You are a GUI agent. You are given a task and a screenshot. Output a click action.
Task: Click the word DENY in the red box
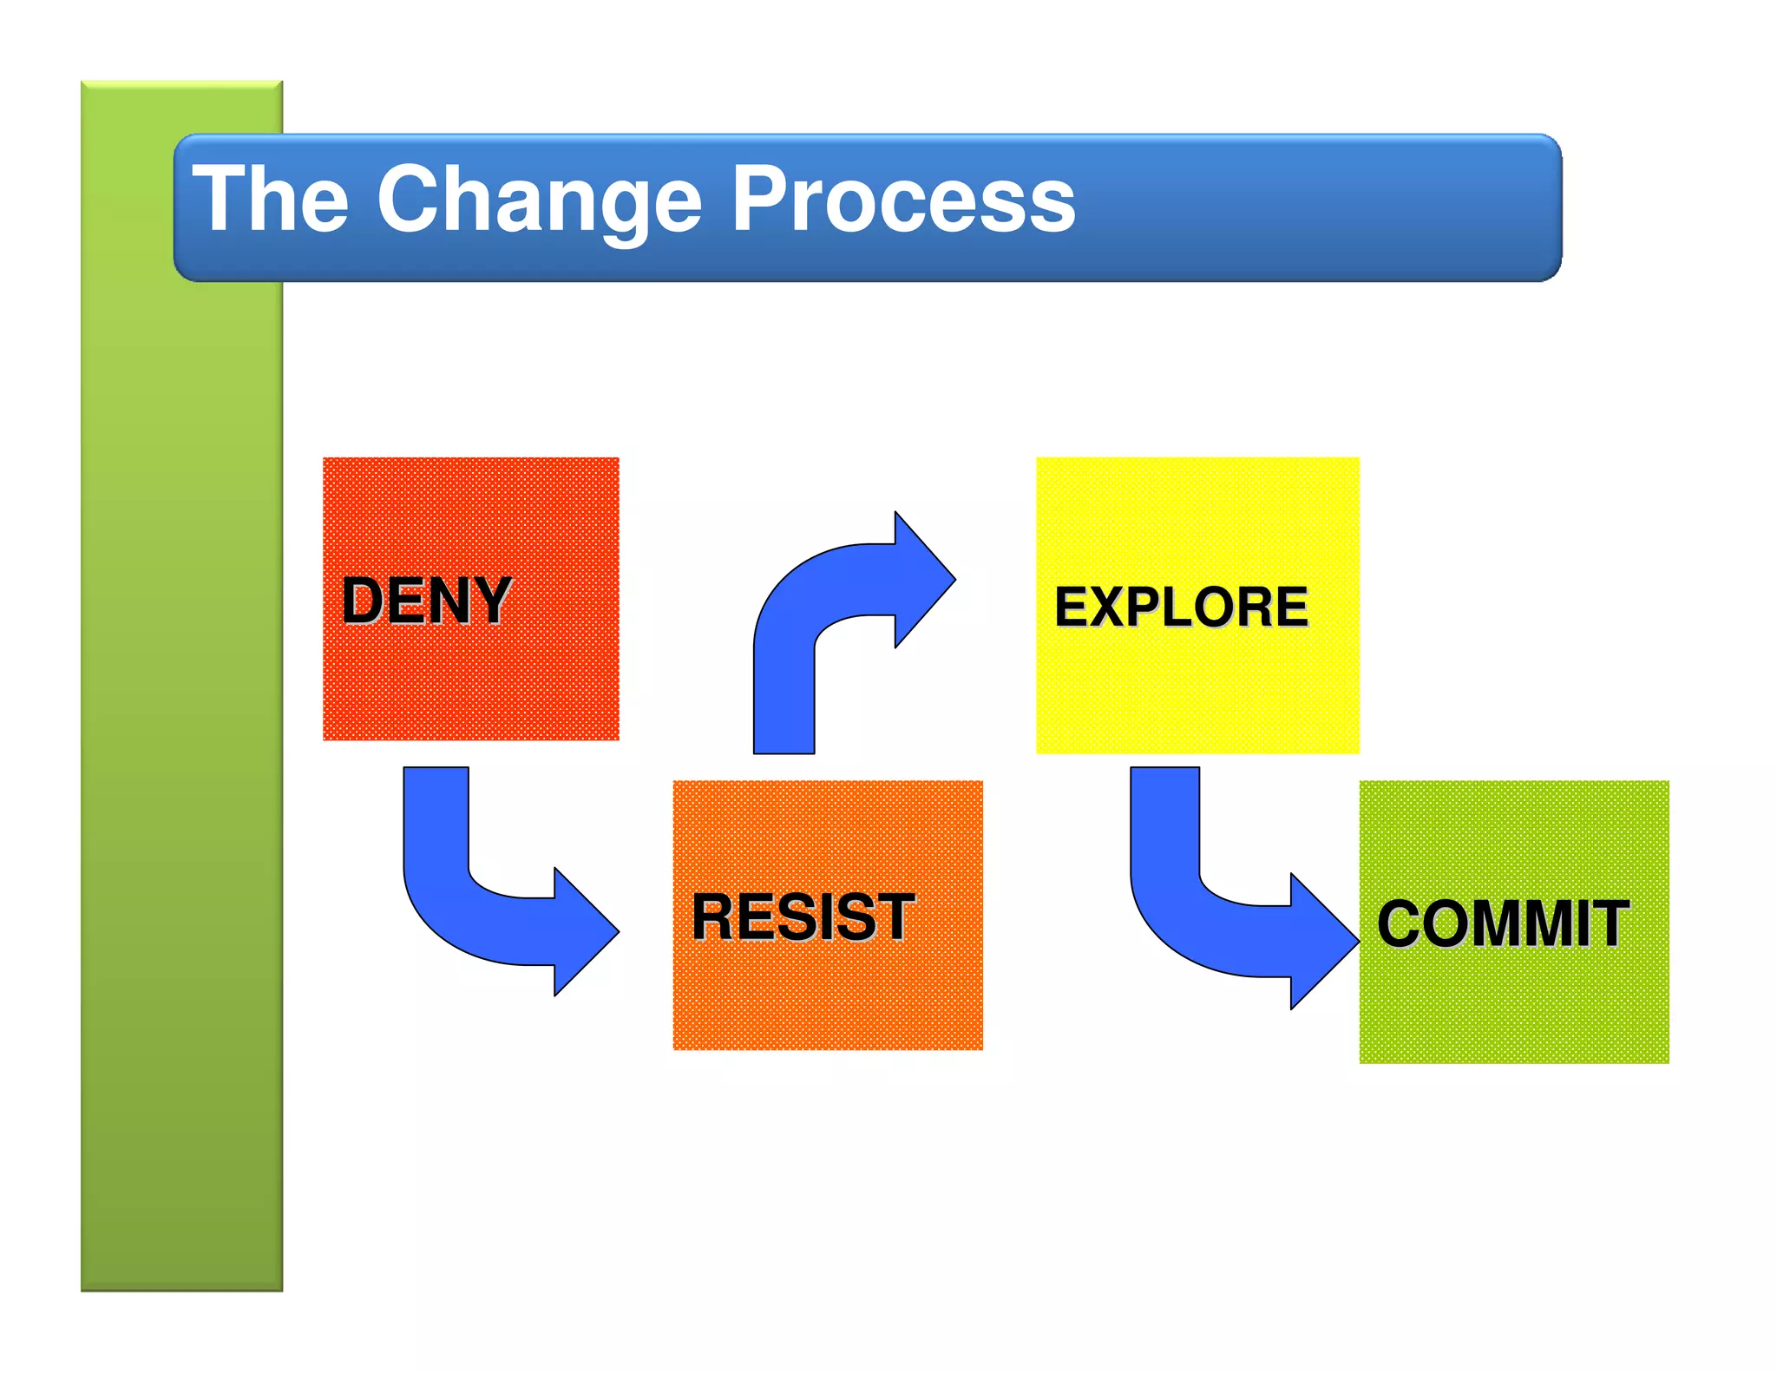(426, 601)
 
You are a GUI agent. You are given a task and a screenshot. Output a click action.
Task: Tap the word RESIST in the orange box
(803, 917)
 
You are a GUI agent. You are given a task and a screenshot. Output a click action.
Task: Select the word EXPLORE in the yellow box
(1180, 607)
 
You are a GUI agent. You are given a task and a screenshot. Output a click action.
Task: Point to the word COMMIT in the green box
(1502, 923)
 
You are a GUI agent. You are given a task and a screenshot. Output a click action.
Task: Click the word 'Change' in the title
(539, 201)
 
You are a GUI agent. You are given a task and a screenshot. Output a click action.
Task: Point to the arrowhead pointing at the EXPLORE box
(923, 579)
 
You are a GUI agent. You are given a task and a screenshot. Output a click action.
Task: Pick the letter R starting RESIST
(714, 917)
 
